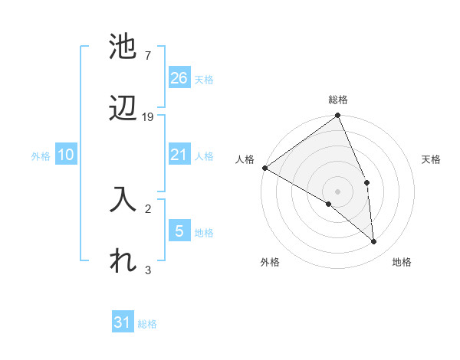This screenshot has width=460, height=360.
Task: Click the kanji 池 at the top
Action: point(123,47)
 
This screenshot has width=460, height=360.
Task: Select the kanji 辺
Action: point(123,109)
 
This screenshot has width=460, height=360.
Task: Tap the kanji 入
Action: point(123,201)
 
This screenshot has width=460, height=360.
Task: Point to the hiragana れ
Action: point(123,261)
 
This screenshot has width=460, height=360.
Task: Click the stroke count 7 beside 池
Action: point(147,56)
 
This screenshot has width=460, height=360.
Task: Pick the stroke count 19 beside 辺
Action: point(148,116)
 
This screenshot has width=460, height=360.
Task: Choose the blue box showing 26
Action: point(179,77)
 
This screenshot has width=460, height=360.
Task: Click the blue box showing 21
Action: point(179,155)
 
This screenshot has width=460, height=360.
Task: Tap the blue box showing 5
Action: point(179,231)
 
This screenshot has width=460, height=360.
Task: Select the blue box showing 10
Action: point(66,155)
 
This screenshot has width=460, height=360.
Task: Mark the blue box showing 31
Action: point(123,322)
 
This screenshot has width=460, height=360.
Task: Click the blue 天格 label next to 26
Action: point(204,79)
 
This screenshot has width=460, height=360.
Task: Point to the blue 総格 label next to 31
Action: point(147,324)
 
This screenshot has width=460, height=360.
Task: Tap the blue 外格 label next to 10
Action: point(41,156)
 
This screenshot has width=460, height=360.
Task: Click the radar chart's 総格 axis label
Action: point(338,100)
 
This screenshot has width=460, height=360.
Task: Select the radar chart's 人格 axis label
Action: point(245,159)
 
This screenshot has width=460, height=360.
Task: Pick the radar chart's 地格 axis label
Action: point(402,262)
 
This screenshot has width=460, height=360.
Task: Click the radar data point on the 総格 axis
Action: point(338,116)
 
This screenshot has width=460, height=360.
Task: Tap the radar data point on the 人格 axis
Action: point(264,168)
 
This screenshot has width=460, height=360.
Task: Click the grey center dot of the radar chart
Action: point(338,191)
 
